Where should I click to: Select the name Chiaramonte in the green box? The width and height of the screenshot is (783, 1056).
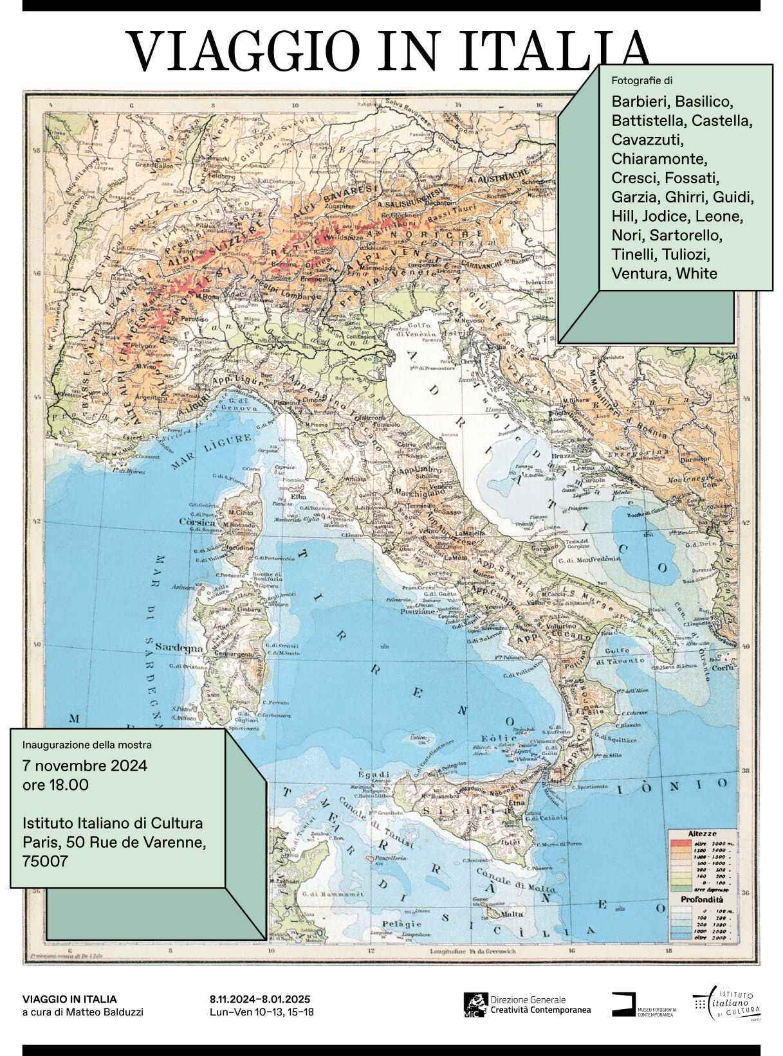click(659, 158)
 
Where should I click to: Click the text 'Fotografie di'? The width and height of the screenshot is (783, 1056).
click(642, 81)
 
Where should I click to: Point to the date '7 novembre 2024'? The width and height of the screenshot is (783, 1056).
click(85, 765)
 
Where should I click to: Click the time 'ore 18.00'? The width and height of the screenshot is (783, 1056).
click(55, 785)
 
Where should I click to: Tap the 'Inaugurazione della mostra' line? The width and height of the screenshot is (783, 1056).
click(87, 745)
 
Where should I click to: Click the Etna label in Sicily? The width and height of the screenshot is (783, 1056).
click(516, 803)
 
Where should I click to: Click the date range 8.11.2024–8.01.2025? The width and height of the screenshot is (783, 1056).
click(260, 999)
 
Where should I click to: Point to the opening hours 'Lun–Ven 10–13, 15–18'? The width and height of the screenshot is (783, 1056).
click(262, 1012)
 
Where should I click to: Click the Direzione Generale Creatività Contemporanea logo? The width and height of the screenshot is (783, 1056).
click(528, 1005)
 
